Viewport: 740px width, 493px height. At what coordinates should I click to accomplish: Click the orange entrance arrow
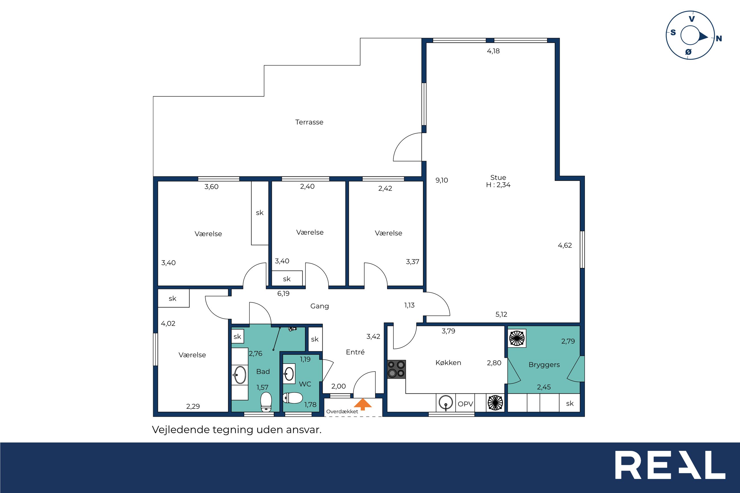363,404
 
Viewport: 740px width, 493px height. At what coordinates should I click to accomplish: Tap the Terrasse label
309,122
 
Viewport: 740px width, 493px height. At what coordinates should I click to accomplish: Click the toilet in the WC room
293,398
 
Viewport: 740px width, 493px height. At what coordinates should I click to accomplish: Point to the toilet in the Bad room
266,401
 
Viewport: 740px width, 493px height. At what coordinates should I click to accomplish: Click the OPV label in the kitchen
465,404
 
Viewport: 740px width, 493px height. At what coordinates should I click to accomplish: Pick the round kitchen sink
446,403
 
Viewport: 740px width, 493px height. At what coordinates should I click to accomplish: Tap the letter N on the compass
719,39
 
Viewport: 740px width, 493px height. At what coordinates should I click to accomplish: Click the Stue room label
498,177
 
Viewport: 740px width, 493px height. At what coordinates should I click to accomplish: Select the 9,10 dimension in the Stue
441,180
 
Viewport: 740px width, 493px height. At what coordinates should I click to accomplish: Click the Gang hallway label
320,306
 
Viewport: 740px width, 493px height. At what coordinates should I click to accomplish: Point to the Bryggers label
544,365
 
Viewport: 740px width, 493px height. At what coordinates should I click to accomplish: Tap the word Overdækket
342,412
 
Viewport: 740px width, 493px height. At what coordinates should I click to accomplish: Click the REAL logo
670,465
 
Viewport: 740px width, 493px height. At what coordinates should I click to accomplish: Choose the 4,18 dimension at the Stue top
493,51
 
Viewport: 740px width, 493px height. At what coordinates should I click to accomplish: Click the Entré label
355,352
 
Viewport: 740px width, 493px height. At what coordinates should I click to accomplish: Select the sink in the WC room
289,374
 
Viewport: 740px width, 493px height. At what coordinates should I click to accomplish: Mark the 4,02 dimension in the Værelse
168,323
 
